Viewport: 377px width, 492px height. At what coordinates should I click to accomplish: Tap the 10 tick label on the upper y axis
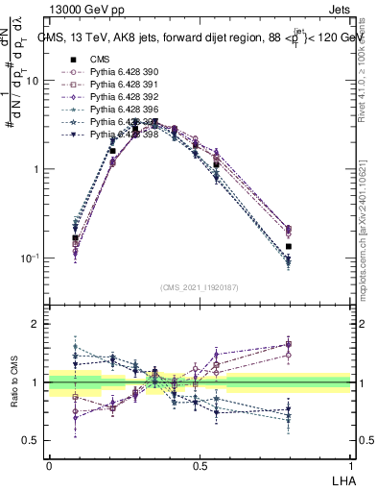pos(34,81)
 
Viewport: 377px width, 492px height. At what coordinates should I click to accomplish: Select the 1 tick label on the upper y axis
pos(36,170)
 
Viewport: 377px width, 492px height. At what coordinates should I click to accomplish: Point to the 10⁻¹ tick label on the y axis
pos(32,258)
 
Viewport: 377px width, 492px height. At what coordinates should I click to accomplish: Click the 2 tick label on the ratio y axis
pos(37,324)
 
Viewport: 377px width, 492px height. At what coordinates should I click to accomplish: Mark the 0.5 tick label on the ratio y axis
pos(32,441)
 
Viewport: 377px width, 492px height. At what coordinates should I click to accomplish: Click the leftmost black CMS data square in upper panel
pos(75,237)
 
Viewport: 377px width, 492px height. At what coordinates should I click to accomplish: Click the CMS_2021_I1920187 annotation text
pos(199,287)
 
